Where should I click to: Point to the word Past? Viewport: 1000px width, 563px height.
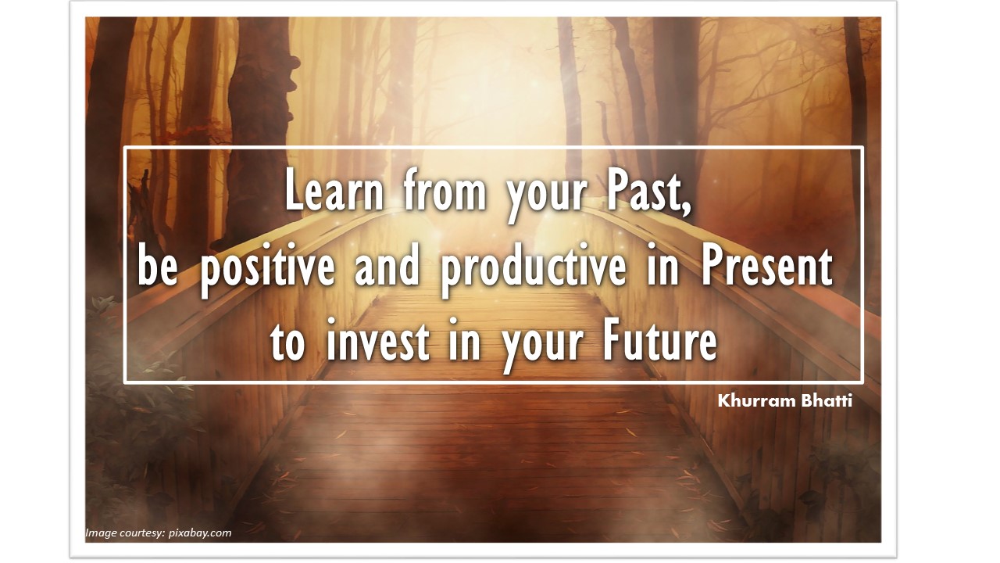click(x=650, y=192)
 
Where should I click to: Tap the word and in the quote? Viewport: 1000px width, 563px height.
click(x=388, y=267)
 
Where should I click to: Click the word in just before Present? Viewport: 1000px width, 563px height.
click(x=664, y=267)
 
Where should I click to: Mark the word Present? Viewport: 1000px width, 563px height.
click(x=767, y=267)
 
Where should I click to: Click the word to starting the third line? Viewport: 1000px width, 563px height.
click(x=287, y=342)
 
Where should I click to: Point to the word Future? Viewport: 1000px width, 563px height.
click(x=660, y=342)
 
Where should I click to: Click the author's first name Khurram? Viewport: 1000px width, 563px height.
click(x=754, y=401)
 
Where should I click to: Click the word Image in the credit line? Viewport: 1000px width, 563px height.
click(x=101, y=533)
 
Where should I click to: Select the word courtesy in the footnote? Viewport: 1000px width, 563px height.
click(x=142, y=533)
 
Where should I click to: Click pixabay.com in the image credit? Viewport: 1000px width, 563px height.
click(x=200, y=533)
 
